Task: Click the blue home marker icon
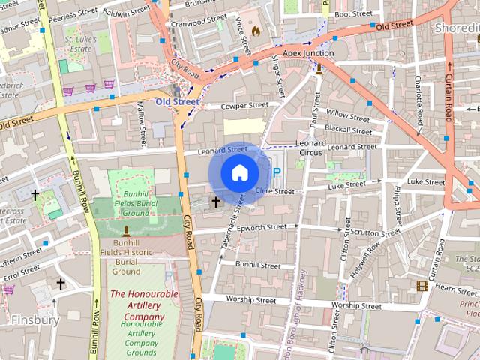click(240, 173)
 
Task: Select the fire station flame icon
click(256, 31)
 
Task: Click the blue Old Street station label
click(178, 100)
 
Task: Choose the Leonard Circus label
click(310, 148)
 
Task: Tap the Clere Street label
click(275, 192)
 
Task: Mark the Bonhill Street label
click(257, 265)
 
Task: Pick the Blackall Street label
click(349, 130)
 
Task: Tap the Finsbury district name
click(35, 319)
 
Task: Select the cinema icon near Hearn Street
click(422, 286)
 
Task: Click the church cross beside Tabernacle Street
click(216, 202)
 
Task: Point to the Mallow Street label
click(141, 125)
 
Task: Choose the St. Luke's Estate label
click(79, 43)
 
